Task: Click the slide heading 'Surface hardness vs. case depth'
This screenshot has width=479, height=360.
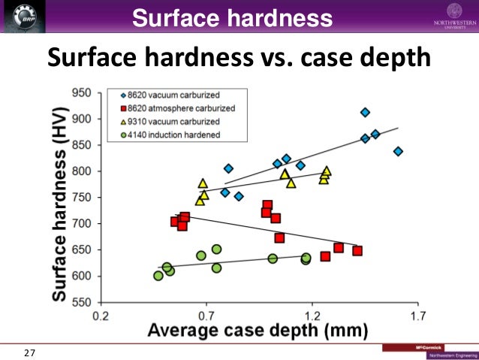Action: click(x=239, y=57)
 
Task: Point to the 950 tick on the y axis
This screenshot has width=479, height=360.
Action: click(x=81, y=93)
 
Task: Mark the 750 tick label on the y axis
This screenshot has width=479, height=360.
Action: click(x=81, y=198)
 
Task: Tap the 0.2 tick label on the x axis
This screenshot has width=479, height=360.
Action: click(x=101, y=316)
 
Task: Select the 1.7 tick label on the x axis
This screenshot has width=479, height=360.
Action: click(x=417, y=316)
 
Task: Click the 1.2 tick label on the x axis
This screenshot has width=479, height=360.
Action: click(x=312, y=316)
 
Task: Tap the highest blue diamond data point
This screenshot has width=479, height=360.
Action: click(x=365, y=112)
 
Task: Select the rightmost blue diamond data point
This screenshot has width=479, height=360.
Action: click(x=398, y=151)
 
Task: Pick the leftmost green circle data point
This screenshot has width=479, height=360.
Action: click(x=158, y=276)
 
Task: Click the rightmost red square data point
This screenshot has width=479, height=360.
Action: click(x=357, y=250)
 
